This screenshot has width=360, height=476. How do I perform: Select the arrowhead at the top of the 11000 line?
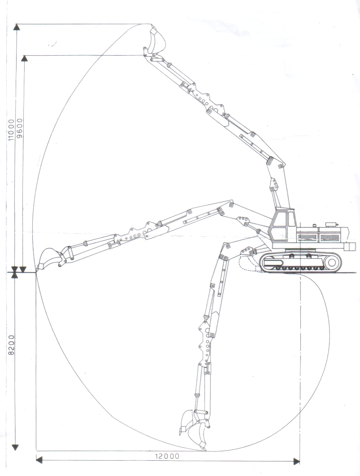17,26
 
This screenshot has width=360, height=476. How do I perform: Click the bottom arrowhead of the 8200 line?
15,447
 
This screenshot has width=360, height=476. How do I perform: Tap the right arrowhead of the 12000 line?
297,461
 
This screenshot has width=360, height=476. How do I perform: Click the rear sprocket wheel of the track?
332,262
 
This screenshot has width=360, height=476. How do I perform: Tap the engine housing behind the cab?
323,234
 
